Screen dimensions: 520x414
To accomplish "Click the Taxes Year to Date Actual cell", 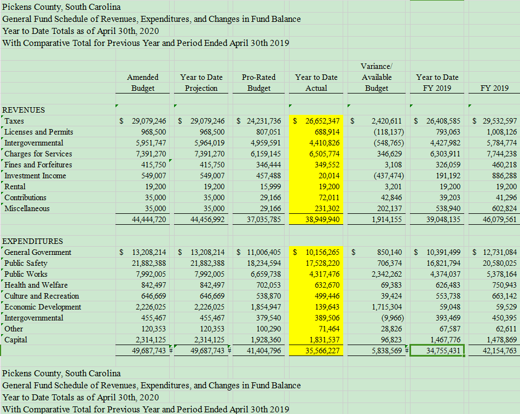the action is coord(316,121).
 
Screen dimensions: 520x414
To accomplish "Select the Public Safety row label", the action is coord(26,263).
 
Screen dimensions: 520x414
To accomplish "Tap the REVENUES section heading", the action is coord(24,110).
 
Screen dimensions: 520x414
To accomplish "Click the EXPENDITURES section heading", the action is coord(32,241).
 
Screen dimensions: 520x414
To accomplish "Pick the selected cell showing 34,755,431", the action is coord(437,351).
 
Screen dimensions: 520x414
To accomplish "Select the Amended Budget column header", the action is coord(143,83).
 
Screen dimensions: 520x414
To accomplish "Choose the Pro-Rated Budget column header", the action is coord(259,83).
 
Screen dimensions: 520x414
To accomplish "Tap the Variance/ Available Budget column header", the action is coord(377,77).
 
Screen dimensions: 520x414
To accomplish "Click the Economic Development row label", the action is coord(43,307).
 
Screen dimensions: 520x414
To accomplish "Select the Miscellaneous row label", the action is coord(27,208).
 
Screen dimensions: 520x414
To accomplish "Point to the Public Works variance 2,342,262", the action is coord(386,274).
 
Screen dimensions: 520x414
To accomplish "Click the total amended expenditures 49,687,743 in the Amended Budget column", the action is coord(149,351).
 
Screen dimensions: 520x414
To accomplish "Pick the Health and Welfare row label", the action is coord(36,285).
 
